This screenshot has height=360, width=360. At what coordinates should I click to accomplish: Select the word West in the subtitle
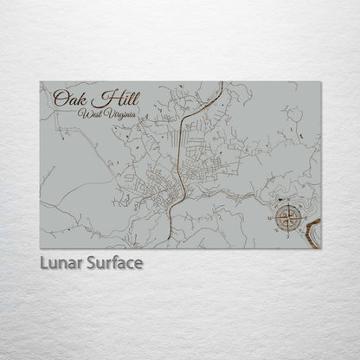[x=89, y=113]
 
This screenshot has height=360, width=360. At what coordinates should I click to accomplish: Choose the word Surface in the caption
[x=111, y=262]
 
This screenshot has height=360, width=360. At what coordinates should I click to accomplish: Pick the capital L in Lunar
[x=43, y=262]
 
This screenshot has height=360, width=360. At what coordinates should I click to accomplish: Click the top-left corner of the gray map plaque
[x=40, y=82]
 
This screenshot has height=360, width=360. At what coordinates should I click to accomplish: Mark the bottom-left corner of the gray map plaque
[x=40, y=248]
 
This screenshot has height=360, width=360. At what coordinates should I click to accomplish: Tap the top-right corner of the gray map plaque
[x=321, y=82]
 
